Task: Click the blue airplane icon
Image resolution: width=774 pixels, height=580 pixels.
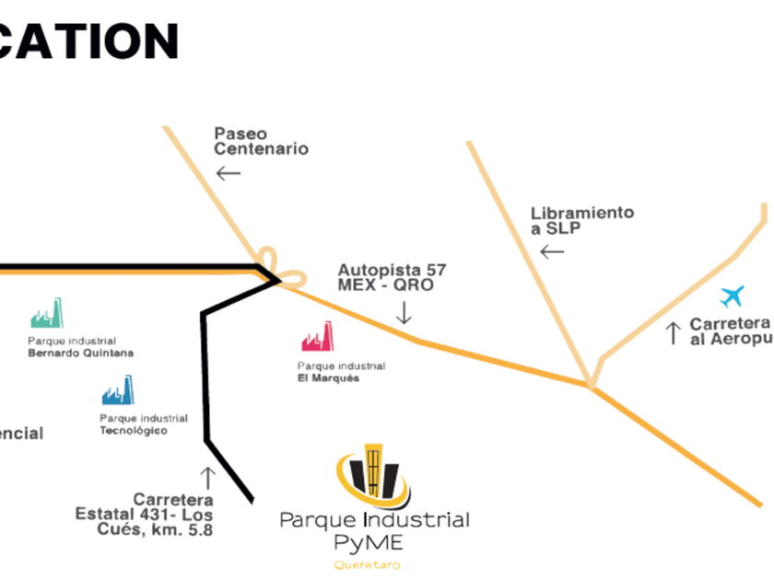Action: (733, 296)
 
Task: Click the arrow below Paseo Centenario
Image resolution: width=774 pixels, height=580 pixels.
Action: (228, 172)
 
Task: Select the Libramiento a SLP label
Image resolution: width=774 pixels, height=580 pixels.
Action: (581, 220)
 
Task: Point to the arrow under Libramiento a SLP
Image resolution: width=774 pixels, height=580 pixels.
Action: (552, 251)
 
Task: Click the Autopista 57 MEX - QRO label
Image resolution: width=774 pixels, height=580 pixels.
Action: (392, 277)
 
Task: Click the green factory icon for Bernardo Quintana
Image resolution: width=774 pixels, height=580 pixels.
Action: (46, 314)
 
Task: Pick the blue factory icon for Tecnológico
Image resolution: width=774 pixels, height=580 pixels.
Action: (118, 390)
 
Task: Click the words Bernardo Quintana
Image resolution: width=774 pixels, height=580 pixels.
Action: (81, 354)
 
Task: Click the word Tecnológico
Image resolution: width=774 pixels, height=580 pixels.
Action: (134, 431)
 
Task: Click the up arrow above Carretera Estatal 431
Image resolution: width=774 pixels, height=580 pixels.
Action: (208, 477)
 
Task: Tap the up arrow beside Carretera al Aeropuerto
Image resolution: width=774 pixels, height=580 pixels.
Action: (674, 332)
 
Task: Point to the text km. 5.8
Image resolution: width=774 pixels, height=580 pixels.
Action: (190, 530)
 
